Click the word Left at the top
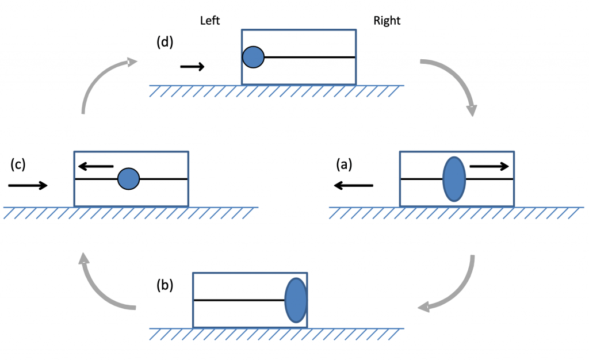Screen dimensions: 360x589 210,21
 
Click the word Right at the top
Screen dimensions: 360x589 387,21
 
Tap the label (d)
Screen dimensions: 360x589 166,43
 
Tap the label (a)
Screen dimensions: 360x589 344,164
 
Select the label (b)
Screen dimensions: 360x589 166,285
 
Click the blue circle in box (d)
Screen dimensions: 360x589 253,57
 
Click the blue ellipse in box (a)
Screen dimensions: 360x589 454,179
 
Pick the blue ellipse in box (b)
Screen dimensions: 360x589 296,300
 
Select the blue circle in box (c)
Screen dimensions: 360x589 129,179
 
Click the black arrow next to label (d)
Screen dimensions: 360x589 192,67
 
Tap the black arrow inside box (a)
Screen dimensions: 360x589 489,167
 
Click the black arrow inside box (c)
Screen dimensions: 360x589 96,167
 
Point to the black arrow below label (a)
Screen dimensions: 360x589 353,185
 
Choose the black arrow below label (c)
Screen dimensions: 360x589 28,185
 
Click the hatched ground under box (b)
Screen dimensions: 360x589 276,334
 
